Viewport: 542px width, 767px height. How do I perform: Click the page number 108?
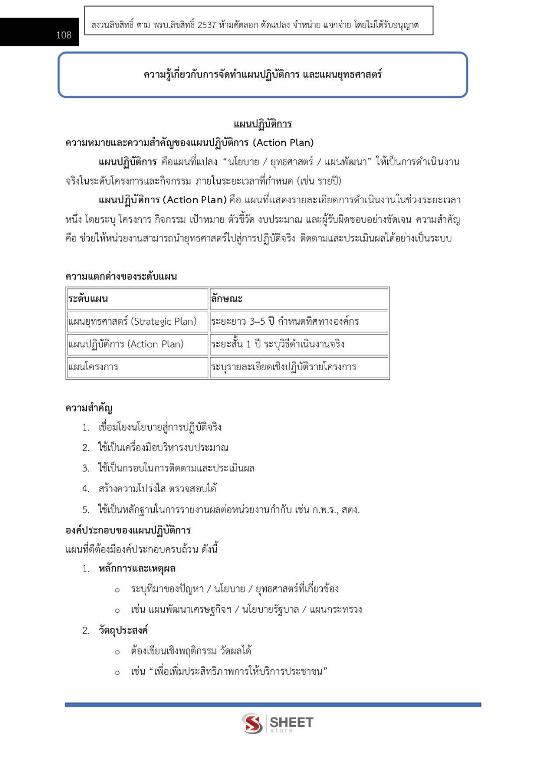coord(64,35)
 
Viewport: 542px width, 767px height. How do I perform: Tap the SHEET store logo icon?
coord(252,723)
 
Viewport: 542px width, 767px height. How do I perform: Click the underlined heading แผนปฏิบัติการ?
coord(263,124)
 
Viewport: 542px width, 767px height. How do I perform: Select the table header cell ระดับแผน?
coord(137,299)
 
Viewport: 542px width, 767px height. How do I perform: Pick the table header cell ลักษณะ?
coord(299,299)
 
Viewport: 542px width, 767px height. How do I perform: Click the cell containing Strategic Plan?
coord(137,321)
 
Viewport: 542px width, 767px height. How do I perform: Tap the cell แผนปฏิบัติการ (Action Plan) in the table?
coord(137,344)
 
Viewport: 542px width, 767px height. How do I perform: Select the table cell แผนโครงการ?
coord(137,367)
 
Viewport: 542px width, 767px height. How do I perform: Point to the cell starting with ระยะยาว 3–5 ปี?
coord(299,321)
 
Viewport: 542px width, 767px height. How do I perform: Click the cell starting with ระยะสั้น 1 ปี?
coord(299,344)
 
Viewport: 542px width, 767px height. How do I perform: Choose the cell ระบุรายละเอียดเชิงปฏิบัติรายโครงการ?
coord(299,367)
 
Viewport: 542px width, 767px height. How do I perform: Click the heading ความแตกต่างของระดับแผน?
coord(121,276)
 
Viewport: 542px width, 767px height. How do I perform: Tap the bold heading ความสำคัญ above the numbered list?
coord(89,408)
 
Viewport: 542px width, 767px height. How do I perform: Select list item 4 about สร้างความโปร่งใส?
coord(157,489)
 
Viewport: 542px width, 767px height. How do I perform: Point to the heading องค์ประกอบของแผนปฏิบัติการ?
coord(128,530)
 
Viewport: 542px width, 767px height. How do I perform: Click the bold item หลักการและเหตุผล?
coord(137,569)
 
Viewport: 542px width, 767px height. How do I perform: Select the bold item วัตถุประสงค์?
coord(123,630)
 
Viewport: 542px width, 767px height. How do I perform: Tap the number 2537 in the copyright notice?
coord(207,25)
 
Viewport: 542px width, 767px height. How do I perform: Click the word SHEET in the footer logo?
coord(291,722)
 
